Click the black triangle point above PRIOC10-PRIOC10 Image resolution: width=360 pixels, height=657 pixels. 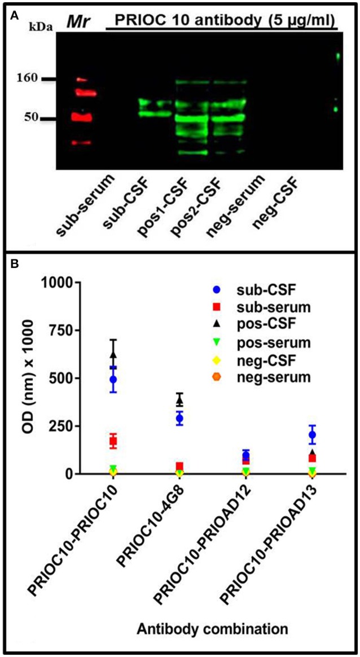pyautogui.click(x=113, y=354)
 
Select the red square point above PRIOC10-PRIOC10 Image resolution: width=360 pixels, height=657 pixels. pyautogui.click(x=113, y=441)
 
